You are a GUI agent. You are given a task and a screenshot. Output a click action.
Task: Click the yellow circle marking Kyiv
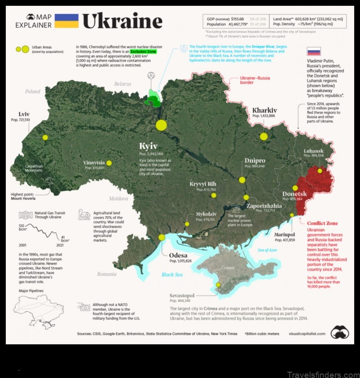pos(161,125)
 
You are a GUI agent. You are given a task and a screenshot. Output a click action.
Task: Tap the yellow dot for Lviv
pos(45,137)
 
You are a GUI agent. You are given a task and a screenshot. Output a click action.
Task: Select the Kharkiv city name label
pos(267,110)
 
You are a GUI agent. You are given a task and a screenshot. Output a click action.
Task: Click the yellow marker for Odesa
pos(162,238)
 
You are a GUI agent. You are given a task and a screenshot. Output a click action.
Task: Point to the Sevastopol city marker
pos(218,285)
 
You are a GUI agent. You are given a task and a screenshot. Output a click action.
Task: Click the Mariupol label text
pos(284,234)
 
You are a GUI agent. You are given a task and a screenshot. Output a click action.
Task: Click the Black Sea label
pos(172,275)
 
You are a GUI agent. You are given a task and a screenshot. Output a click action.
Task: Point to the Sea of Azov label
pos(267,250)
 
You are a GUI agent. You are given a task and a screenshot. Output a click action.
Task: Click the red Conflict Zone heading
pos(322,223)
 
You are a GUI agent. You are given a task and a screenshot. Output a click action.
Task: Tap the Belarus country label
pos(122,84)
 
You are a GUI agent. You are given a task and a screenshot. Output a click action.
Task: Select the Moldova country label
pos(118,198)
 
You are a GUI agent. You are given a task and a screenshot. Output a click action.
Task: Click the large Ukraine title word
pos(122,21)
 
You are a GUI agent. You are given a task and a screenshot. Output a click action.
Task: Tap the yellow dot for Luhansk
pos(319,171)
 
